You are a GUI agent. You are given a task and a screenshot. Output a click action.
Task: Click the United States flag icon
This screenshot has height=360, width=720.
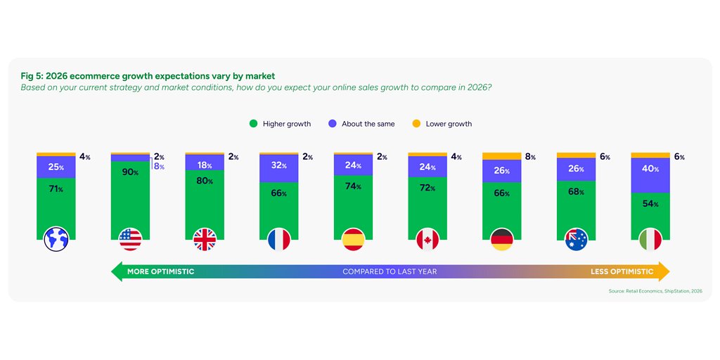[x=130, y=240]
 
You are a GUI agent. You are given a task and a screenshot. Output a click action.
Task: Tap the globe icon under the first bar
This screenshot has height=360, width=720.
[x=56, y=240]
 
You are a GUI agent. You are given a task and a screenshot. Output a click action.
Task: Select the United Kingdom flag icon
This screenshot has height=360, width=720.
[x=205, y=240]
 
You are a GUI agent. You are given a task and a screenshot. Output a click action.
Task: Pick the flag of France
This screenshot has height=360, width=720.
[x=278, y=240]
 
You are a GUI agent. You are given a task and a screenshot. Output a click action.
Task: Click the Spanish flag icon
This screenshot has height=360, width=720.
[x=353, y=240]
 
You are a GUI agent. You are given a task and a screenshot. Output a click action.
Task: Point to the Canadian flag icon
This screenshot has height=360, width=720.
[x=427, y=240]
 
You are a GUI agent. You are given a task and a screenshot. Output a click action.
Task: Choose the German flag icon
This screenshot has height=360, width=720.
[x=501, y=240]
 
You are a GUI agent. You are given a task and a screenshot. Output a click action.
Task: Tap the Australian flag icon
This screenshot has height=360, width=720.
[x=576, y=240]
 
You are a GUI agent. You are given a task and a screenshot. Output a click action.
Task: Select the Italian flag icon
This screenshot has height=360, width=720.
[x=650, y=240]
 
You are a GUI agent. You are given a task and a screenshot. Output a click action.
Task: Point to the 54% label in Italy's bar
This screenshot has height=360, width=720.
[x=650, y=204]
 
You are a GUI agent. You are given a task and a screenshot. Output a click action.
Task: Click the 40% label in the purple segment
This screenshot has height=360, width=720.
[x=650, y=169]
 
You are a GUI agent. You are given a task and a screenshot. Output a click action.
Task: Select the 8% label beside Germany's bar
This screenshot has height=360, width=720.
[x=530, y=157]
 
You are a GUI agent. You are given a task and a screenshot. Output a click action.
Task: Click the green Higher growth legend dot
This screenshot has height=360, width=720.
[x=253, y=124]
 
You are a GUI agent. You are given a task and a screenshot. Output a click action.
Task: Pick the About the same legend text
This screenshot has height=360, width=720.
[x=368, y=124]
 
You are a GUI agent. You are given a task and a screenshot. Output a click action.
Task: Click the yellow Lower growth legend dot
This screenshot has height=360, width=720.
[x=416, y=124]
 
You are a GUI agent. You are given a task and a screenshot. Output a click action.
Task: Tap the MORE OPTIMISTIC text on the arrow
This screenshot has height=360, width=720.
[x=160, y=271]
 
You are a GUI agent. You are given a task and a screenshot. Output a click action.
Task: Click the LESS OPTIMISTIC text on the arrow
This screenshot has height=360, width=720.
[x=621, y=271]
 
